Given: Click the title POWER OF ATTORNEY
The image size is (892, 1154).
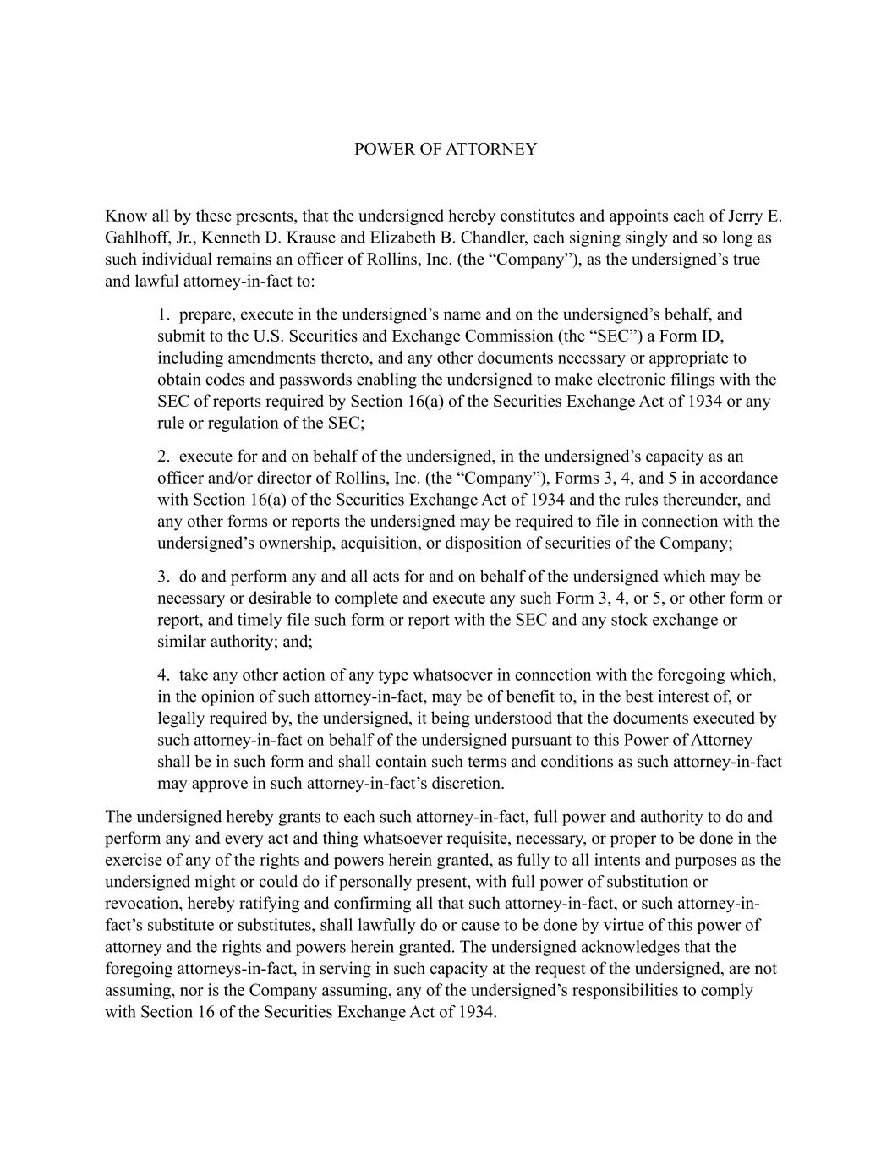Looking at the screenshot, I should (x=445, y=150).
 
